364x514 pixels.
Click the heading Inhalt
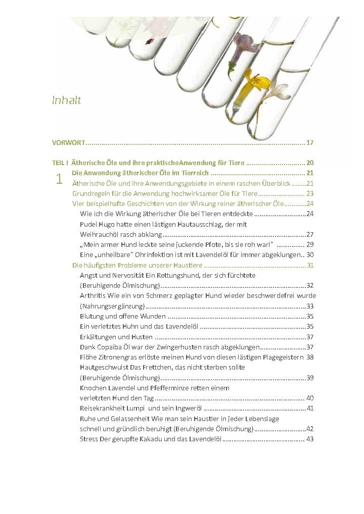coord(66,100)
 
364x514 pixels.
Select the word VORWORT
coord(68,142)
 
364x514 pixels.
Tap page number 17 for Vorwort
coord(310,142)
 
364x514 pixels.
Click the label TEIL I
coord(60,163)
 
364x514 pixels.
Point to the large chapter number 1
coord(60,179)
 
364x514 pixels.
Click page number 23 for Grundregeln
coord(310,193)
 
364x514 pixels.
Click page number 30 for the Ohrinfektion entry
coord(310,254)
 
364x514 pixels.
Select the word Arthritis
coord(94,295)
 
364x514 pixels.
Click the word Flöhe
coord(88,357)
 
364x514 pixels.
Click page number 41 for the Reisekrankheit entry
coord(310,408)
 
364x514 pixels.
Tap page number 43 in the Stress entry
coord(310,439)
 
